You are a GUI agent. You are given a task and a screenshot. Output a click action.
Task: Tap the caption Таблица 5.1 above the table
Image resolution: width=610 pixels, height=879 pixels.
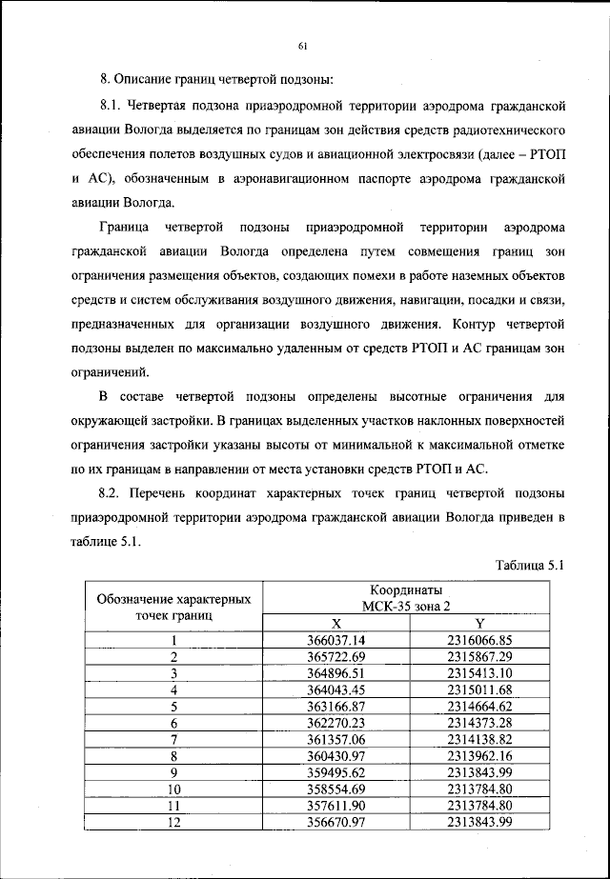pyautogui.click(x=531, y=565)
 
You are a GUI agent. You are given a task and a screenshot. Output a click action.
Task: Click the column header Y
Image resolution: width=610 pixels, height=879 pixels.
pyautogui.click(x=479, y=623)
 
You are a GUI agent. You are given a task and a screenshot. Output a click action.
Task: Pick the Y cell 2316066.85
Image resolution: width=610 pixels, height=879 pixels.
pyautogui.click(x=479, y=640)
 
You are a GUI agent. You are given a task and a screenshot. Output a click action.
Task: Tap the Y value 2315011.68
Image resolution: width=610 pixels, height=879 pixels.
pyautogui.click(x=479, y=689)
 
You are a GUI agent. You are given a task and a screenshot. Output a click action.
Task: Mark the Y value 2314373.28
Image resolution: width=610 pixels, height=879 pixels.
pyautogui.click(x=479, y=722)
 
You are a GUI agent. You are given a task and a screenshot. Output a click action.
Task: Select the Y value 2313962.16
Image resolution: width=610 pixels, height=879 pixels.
pyautogui.click(x=479, y=755)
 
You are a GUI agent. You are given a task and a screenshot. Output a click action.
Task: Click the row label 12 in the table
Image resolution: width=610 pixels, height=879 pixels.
pyautogui.click(x=173, y=822)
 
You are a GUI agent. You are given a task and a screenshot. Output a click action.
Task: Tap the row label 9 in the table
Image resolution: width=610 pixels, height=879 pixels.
pyautogui.click(x=173, y=772)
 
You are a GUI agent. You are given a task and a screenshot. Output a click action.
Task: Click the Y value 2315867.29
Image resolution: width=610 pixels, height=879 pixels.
pyautogui.click(x=479, y=656)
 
